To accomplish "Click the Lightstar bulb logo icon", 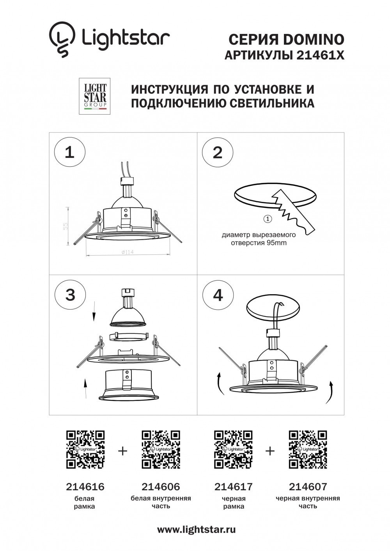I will (x=62, y=39).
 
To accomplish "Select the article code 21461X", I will (x=320, y=56).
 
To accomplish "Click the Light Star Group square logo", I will (x=95, y=96).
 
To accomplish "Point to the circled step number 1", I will (x=69, y=152).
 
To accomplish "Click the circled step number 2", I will (x=218, y=152).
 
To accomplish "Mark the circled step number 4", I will (x=218, y=295).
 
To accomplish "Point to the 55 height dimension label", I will (x=66, y=226).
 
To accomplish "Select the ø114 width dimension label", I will (x=128, y=252).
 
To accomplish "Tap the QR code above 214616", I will (x=85, y=449).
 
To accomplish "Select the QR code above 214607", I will (x=308, y=449).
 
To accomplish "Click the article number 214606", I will (x=161, y=486).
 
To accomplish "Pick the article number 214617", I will (x=234, y=486).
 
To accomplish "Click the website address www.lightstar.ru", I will (x=196, y=530).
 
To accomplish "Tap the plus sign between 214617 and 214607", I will (x=270, y=451).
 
